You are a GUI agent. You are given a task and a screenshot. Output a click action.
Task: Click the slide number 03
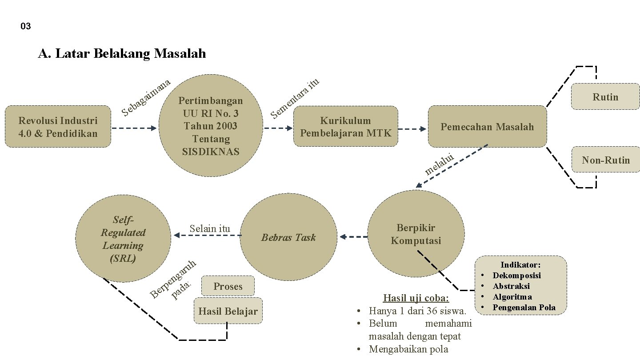(26, 27)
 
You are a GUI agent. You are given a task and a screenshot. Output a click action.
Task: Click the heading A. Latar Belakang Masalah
(122, 54)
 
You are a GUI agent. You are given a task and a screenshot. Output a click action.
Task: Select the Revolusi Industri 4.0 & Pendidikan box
(58, 127)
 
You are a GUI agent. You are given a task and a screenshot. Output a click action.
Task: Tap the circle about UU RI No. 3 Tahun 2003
(211, 126)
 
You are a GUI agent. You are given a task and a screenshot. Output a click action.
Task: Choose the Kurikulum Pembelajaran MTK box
(346, 127)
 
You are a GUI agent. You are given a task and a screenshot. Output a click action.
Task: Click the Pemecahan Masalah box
(487, 127)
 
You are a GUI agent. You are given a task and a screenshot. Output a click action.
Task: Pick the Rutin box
(605, 97)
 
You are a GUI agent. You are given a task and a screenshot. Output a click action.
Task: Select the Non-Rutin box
(606, 160)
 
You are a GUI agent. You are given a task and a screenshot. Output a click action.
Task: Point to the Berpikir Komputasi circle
(416, 234)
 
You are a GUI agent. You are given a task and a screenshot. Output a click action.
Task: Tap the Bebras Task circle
(288, 237)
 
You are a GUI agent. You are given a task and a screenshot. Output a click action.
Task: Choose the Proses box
(228, 286)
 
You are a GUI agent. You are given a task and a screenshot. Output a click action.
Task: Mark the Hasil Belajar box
(228, 311)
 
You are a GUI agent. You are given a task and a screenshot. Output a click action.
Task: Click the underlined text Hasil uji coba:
(416, 298)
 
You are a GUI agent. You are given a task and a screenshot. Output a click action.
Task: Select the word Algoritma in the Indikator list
(512, 297)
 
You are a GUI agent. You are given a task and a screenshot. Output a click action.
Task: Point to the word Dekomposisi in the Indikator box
(516, 276)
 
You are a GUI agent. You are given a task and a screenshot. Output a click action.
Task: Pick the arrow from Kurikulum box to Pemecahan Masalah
(412, 129)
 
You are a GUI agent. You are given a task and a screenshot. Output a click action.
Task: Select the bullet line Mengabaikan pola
(408, 349)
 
